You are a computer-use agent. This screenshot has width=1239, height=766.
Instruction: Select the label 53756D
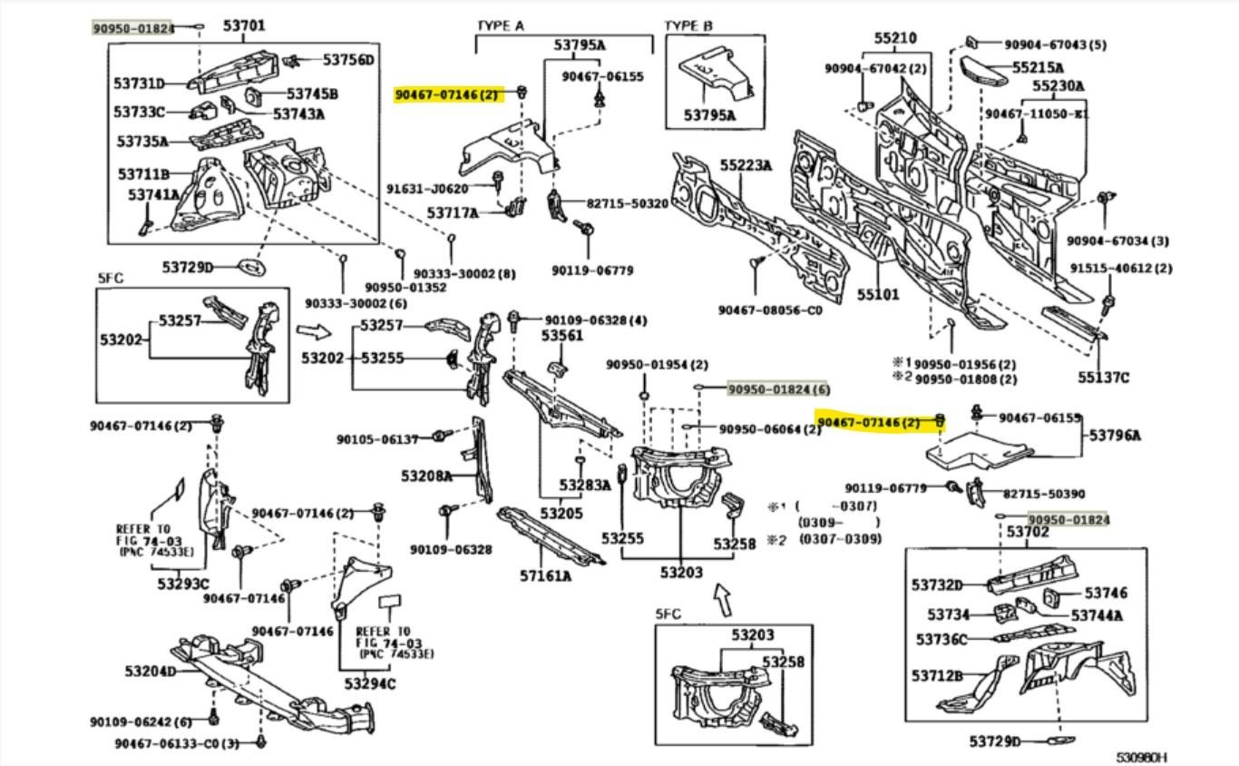coord(348,60)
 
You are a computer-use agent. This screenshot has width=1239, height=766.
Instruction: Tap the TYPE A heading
coord(500,26)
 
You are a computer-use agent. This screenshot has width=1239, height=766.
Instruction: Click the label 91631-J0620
coord(450,189)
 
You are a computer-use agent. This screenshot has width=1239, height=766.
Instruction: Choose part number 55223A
coord(746,166)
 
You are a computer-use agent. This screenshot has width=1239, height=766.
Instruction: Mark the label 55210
coord(895,38)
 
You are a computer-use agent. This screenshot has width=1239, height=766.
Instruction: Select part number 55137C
coord(1103,378)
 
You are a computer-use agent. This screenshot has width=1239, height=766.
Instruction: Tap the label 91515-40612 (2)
coord(1120,269)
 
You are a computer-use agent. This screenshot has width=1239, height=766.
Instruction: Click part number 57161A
coord(545,575)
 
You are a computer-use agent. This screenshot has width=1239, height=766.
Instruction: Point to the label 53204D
coord(151,672)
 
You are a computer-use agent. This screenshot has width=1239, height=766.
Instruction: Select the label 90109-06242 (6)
coord(141,722)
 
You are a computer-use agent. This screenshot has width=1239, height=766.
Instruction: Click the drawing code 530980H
coord(1141,756)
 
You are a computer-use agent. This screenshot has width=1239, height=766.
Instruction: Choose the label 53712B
coord(938,676)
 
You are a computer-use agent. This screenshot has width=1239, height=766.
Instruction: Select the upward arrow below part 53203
coord(722,599)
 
